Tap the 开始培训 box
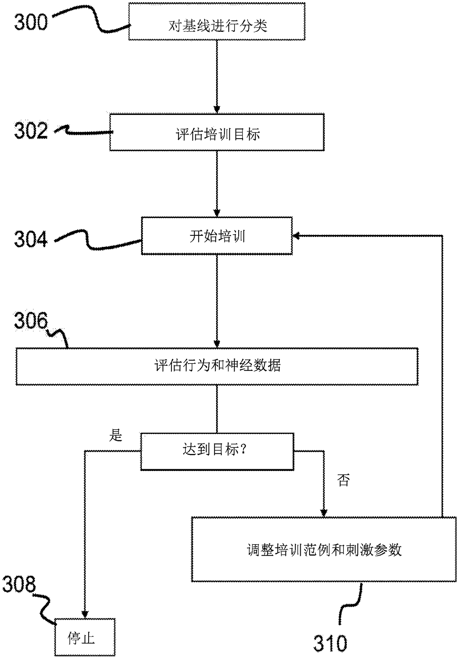pos(217,236)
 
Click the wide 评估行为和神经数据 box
pos(217,366)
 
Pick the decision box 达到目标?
pos(217,451)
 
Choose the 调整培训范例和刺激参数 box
pos(324,549)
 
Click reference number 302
pos(31,131)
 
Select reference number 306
pos(31,321)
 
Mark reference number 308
pos(19,584)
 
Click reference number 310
pos(330,643)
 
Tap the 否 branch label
pos(343,480)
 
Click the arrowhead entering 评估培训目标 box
pos(217,110)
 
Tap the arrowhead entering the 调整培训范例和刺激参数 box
pos(324,513)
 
